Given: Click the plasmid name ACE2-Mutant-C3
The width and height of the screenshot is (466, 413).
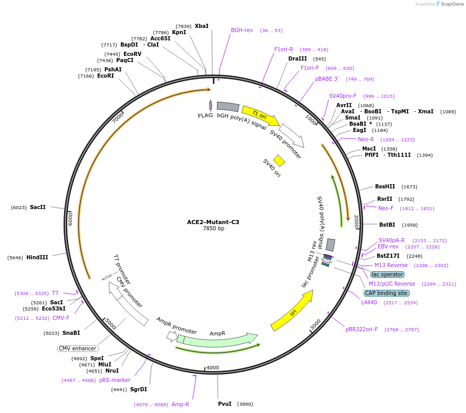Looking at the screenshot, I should point(213,222).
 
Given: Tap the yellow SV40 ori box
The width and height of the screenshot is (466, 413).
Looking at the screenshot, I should point(279,160).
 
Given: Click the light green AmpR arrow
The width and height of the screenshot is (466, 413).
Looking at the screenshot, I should point(217,340).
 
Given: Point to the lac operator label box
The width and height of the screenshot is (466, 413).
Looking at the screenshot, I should point(387,274).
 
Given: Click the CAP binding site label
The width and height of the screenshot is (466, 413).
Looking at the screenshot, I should point(386,293).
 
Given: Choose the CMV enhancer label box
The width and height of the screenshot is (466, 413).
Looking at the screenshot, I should point(77,348).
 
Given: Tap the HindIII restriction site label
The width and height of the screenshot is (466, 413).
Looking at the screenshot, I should point(37,257).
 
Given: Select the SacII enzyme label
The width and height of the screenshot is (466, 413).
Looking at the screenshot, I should point(38,207).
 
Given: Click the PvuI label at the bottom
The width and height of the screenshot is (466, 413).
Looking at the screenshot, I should point(225,404).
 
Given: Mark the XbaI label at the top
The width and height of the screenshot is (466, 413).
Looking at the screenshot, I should point(201,26).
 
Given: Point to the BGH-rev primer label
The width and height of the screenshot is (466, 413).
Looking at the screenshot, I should point(242,30).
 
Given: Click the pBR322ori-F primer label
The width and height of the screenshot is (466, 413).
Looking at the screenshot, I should point(362,329).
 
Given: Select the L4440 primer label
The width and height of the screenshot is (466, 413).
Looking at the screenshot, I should point(369,302).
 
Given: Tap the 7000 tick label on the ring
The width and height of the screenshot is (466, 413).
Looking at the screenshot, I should point(118,117).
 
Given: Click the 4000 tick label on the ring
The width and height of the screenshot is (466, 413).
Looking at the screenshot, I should point(213,368).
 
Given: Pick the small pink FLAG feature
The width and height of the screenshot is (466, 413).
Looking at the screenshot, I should point(210,105).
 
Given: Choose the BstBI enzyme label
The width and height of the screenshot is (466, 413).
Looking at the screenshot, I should point(387,225).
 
